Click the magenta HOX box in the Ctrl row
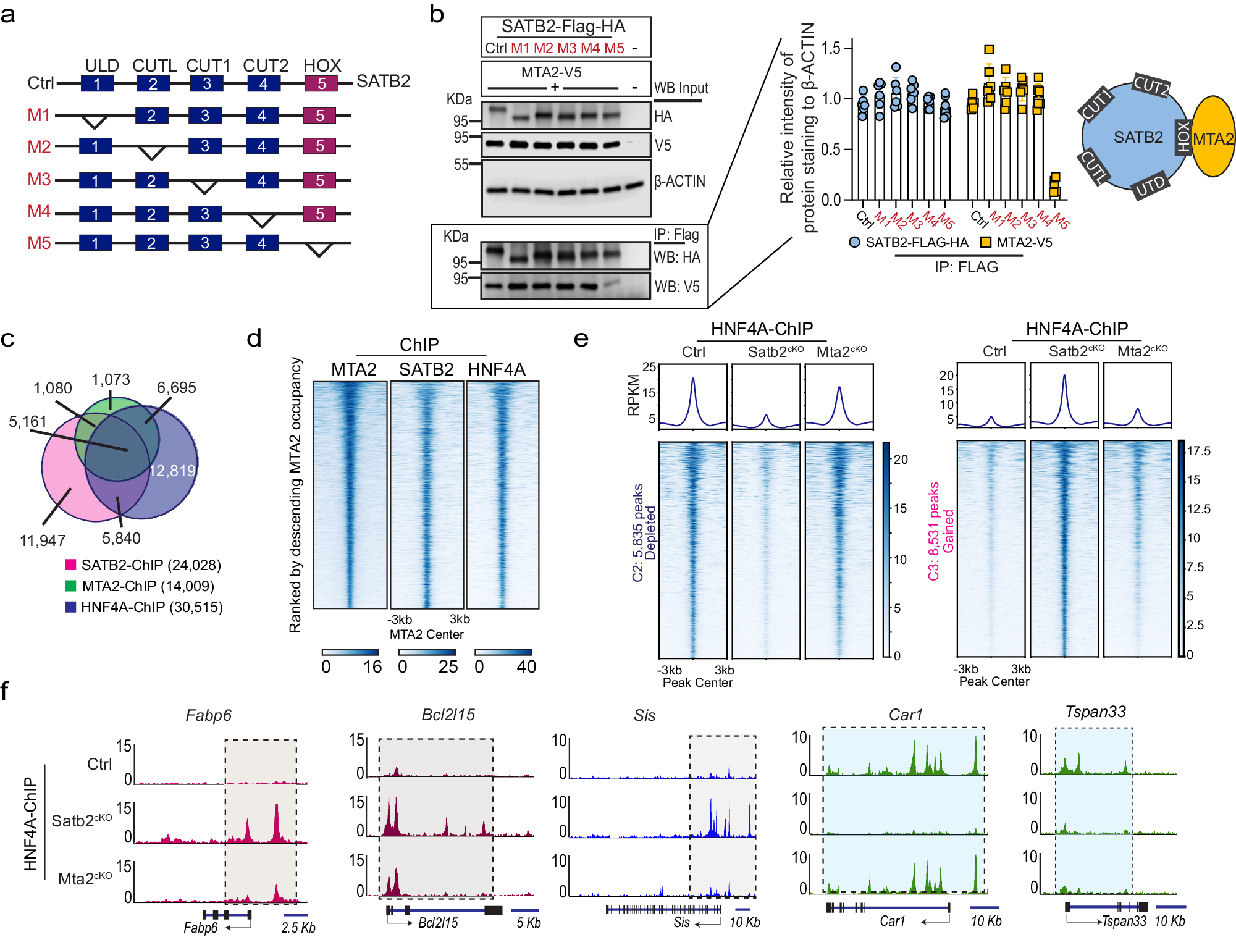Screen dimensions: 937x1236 click(x=321, y=83)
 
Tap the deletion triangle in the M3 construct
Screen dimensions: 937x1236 click(x=204, y=186)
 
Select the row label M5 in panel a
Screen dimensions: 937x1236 click(x=39, y=243)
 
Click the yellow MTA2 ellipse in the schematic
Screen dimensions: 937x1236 click(x=1213, y=137)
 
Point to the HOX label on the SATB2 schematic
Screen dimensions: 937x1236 click(x=1183, y=137)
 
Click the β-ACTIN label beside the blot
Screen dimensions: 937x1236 click(x=679, y=181)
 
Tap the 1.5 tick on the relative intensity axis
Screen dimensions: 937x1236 click(x=831, y=48)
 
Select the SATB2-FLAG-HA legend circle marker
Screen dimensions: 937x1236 click(x=854, y=242)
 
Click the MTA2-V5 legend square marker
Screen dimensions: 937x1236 click(x=986, y=242)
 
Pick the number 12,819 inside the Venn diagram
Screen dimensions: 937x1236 click(x=172, y=471)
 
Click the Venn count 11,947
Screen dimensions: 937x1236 click(x=43, y=540)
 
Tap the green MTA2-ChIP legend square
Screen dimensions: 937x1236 click(x=70, y=586)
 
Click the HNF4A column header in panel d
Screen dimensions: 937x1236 click(x=496, y=369)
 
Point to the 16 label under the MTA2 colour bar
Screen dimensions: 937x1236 click(x=372, y=666)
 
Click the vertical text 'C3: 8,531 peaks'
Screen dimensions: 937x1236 click(x=933, y=531)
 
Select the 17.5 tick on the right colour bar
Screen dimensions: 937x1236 click(x=1199, y=451)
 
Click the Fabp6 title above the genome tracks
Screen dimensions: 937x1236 click(x=208, y=715)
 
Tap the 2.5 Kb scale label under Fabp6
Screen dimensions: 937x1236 click(x=298, y=927)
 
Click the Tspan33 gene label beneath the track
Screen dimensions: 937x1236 click(x=1124, y=921)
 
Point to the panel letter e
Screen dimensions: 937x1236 click(x=581, y=338)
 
